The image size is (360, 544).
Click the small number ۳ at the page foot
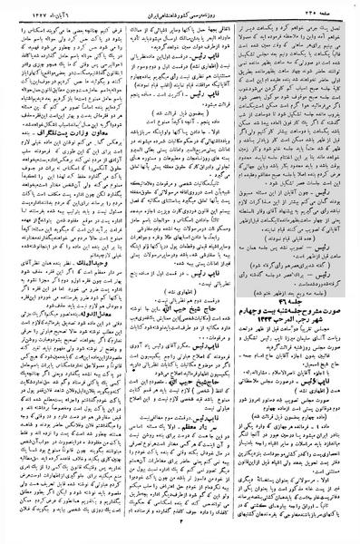181,537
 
